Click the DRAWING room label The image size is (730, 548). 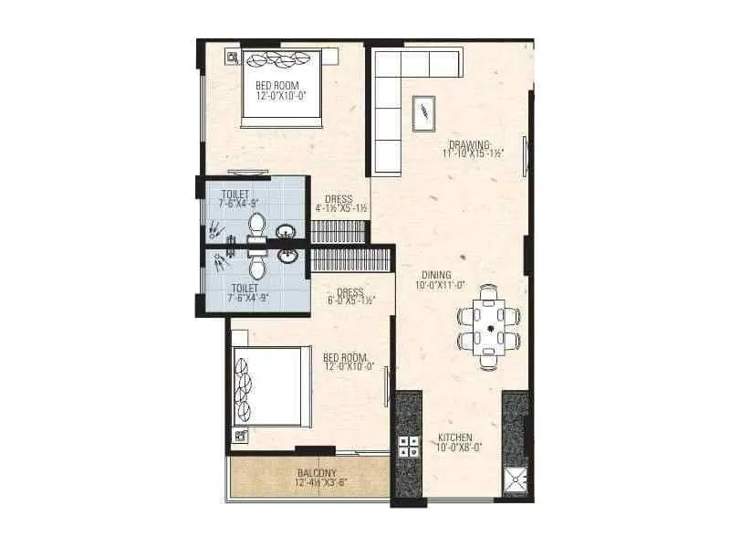(470, 144)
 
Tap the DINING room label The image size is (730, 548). (437, 274)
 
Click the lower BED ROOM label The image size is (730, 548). (344, 356)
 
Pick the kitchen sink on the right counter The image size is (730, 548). (516, 476)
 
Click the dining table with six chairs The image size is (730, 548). (489, 326)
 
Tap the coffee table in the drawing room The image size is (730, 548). (424, 113)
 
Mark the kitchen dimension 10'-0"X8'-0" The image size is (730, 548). (456, 448)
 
